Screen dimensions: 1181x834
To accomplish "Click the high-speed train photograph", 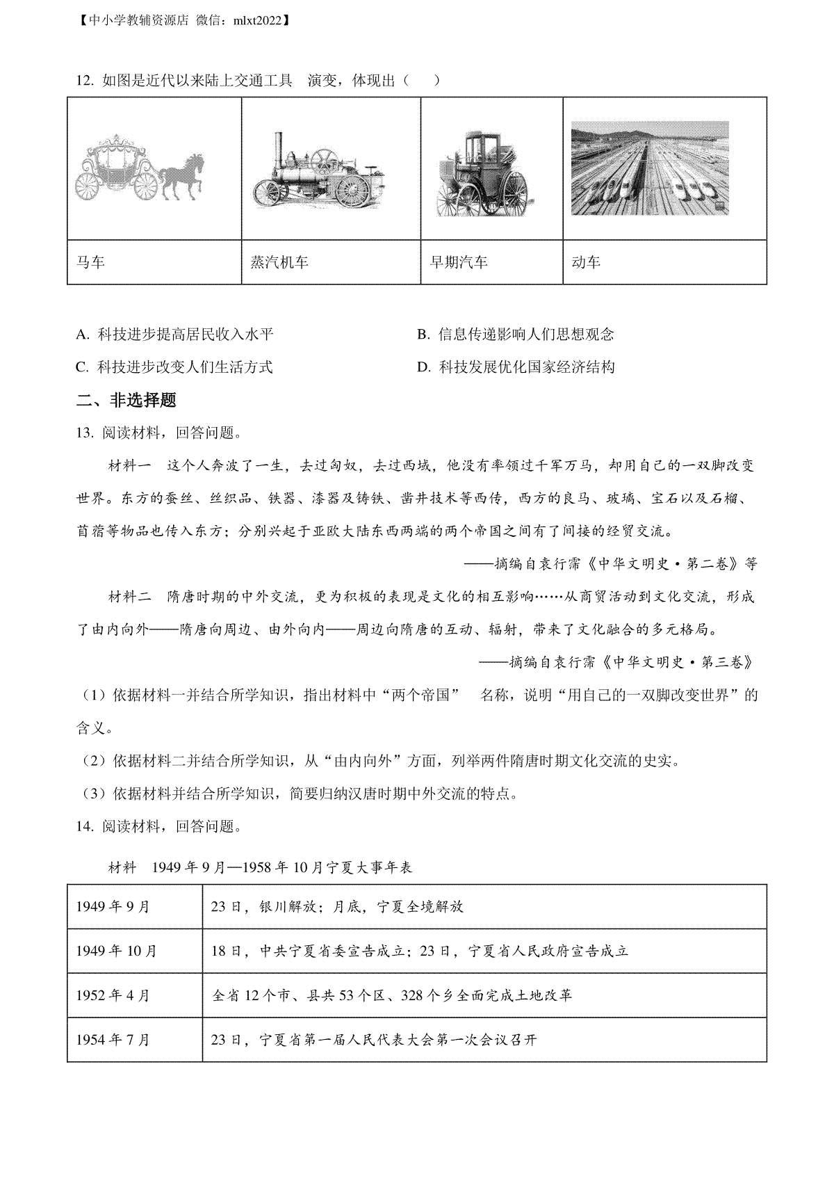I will (650, 168).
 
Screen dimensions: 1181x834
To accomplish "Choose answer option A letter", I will (82, 335).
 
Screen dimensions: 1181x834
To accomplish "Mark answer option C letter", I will (82, 367).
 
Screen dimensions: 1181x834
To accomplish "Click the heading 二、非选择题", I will (126, 400).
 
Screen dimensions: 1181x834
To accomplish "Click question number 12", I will (84, 81).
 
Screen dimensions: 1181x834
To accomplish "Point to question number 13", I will (84, 433).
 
